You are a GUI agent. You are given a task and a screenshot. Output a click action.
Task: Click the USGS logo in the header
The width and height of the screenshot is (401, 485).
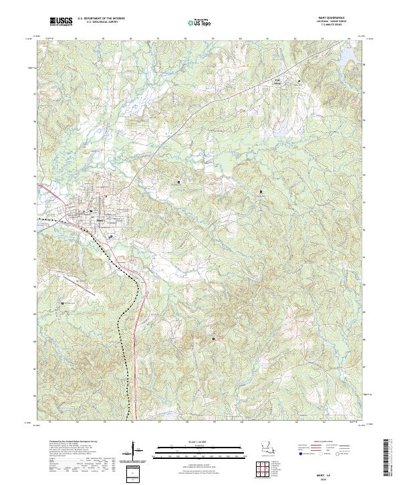tap(61, 21)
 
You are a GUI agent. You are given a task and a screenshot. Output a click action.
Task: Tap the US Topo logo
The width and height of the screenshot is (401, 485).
tap(201, 23)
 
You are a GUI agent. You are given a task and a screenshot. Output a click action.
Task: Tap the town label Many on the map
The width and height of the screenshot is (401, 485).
tap(100, 219)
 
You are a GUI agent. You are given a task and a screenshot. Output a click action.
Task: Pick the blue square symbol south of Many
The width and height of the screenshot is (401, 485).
tap(110, 236)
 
